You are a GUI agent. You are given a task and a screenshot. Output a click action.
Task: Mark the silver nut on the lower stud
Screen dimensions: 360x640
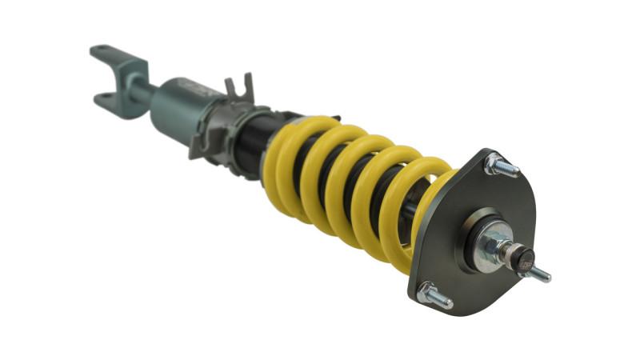tap(427, 293)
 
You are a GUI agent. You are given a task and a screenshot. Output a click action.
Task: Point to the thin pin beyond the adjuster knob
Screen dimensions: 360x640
tap(542, 274)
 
